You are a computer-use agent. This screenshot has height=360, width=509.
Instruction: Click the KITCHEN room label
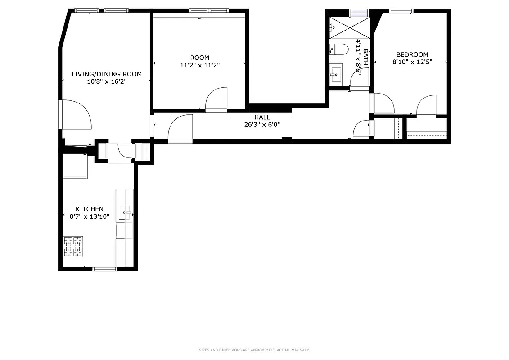89,209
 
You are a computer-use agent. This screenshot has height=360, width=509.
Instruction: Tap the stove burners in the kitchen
73,246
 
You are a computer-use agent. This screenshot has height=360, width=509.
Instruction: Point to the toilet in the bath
337,49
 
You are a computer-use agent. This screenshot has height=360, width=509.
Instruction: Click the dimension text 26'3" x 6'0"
262,125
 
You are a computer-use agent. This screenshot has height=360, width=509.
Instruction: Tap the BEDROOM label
412,55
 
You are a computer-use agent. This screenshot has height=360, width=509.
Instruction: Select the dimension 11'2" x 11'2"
199,65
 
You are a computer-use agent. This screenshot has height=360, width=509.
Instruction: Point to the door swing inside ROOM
216,100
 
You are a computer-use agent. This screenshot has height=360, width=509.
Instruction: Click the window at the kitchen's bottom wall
105,269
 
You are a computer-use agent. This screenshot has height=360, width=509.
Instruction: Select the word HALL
262,117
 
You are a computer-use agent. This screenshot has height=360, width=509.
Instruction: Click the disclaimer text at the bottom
254,350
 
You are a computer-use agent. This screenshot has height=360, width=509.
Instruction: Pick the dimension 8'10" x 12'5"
412,63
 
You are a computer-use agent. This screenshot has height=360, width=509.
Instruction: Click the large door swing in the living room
77,115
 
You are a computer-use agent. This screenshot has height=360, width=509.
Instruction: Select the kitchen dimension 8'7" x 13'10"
89,216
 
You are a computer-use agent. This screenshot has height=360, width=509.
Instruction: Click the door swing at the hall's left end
180,128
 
